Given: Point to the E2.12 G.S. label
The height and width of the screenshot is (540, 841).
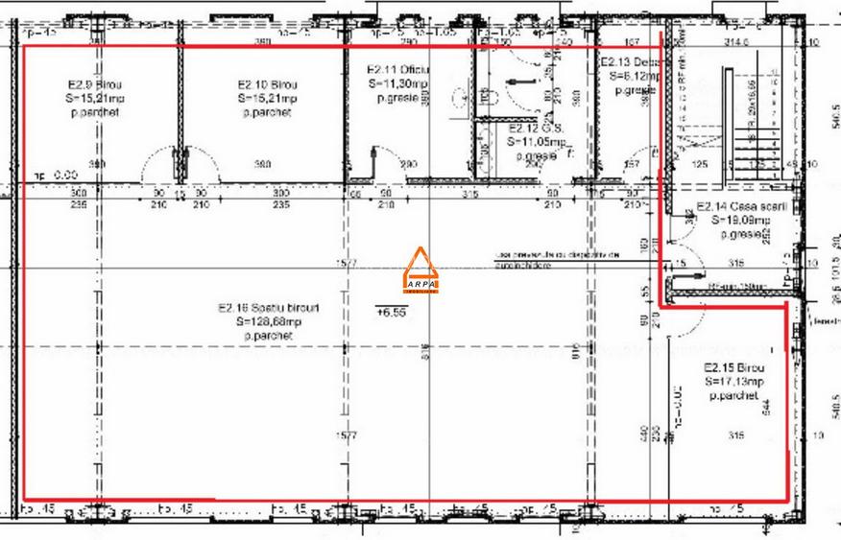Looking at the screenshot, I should (x=531, y=128).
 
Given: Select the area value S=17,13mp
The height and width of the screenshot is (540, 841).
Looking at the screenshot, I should (x=733, y=382).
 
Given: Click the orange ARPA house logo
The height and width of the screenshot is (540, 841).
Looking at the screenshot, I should (x=420, y=270).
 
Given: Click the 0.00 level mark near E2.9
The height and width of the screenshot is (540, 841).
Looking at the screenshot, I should (x=59, y=176).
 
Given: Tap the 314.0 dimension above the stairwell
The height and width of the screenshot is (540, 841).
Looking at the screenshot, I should (x=736, y=42).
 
